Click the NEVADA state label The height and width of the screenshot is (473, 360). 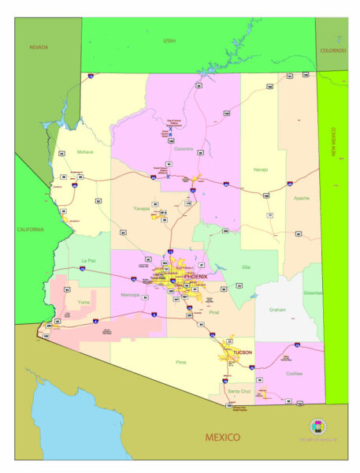pyautogui.click(x=39, y=47)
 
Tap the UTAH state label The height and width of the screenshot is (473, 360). pyautogui.click(x=169, y=40)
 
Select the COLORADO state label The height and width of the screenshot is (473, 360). pyautogui.click(x=332, y=50)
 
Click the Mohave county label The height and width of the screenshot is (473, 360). pyautogui.click(x=85, y=151)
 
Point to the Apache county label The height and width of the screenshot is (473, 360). pyautogui.click(x=301, y=198)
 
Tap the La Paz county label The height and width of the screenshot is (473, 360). pyautogui.click(x=88, y=260)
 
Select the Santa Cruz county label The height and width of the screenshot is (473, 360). pyautogui.click(x=239, y=391)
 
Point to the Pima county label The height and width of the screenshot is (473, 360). pyautogui.click(x=181, y=362)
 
